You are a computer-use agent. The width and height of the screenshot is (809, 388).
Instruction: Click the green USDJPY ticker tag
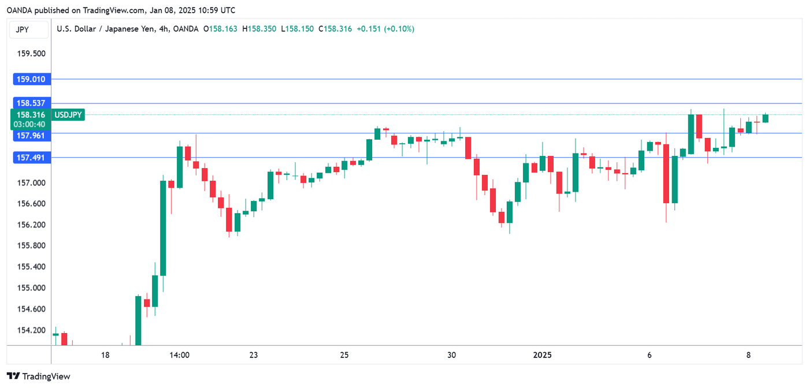(68, 115)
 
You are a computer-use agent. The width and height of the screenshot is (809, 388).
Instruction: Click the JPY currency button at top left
(23, 29)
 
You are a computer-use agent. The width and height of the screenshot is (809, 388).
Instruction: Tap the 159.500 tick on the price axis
(32, 54)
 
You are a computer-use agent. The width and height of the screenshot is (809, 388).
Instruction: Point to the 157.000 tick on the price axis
(32, 183)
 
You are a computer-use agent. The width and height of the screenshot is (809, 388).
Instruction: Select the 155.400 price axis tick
(32, 267)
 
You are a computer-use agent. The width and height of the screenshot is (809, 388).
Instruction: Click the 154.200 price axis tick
(32, 330)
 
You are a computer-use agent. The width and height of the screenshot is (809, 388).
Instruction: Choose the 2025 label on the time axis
(543, 355)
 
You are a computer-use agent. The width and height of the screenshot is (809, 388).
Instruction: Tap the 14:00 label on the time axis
(180, 355)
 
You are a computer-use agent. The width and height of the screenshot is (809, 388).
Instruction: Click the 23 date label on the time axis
(254, 355)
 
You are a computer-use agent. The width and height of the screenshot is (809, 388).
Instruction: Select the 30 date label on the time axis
(451, 355)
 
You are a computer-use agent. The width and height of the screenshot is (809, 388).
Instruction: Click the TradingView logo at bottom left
(38, 376)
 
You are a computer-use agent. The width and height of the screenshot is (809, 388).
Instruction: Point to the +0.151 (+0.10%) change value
(385, 29)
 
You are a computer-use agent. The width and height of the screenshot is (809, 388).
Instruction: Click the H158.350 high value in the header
(259, 29)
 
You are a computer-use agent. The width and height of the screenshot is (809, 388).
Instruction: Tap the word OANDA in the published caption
(19, 10)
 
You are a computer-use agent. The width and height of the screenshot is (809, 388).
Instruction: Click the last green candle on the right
(765, 118)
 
